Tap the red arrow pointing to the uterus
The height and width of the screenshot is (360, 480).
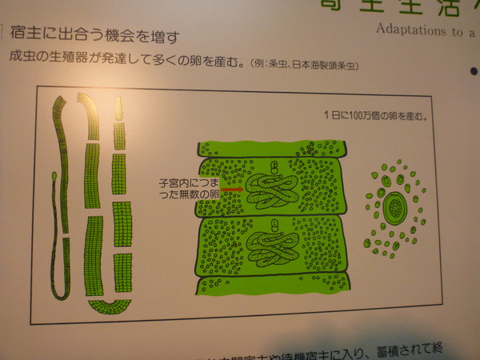(x=233, y=190)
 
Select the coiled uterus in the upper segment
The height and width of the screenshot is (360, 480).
(x=271, y=191)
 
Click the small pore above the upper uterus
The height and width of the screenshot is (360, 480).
(x=274, y=167)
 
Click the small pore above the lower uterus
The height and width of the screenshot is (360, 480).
(x=273, y=226)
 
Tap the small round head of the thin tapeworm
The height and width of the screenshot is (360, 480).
(x=54, y=176)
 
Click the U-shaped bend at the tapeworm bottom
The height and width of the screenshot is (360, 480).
(x=107, y=305)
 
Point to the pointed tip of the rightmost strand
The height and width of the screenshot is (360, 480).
(x=120, y=102)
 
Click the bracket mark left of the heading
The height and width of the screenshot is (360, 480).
(x=3, y=34)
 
